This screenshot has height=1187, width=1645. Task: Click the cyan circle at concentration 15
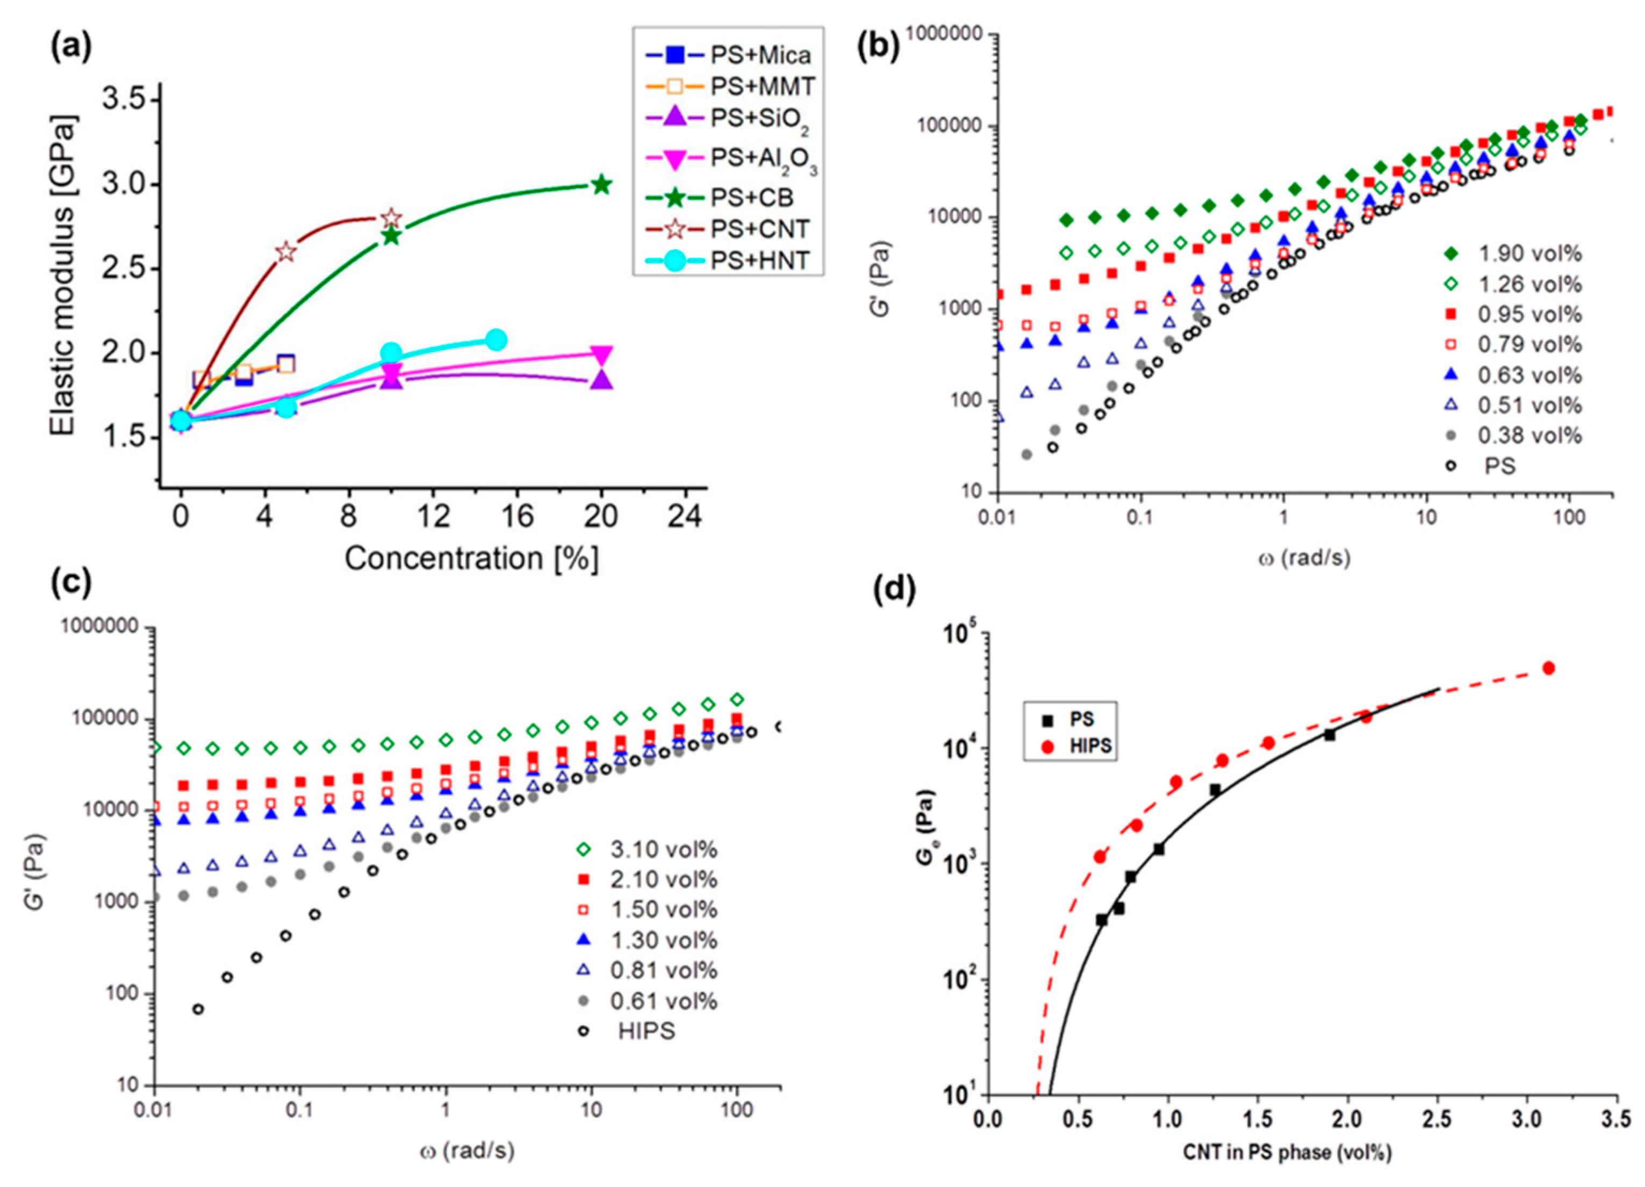pos(496,339)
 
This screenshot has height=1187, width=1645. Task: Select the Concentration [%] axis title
pos(471,559)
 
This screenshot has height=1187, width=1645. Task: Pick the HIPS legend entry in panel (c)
pos(645,1031)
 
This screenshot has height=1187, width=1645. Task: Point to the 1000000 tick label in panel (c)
pos(99,627)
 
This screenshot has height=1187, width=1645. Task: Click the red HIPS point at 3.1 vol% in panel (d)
pos(1548,668)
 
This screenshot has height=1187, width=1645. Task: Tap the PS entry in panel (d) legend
pos(1081,721)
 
